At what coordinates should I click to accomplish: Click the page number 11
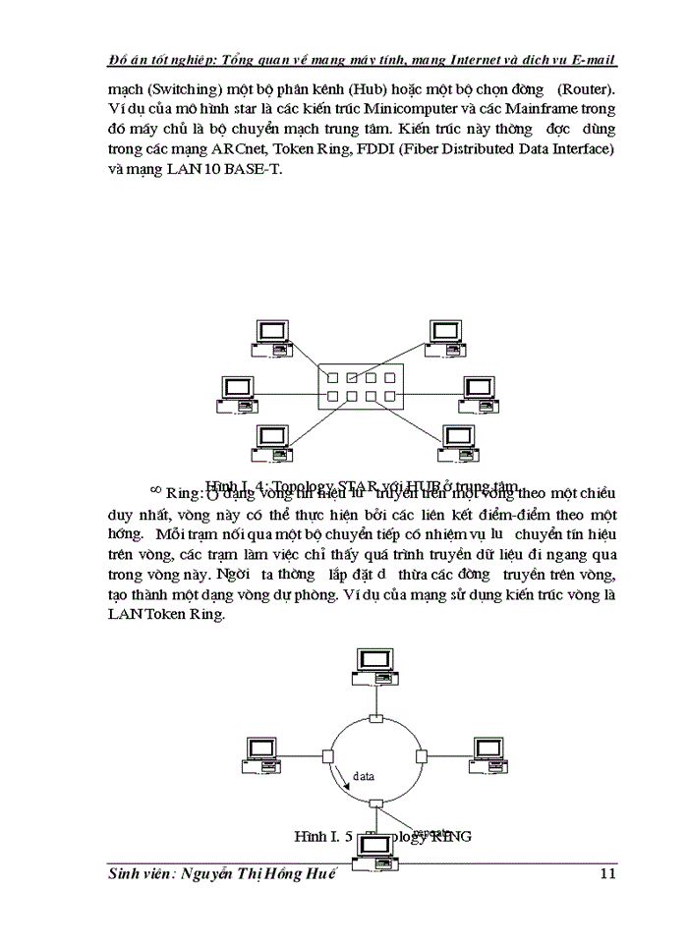tap(606, 874)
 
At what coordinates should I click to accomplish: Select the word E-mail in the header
tap(591, 61)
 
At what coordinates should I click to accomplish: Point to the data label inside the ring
tap(365, 775)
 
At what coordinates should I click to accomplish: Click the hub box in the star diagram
tap(361, 386)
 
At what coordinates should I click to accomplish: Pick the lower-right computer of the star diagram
tap(461, 443)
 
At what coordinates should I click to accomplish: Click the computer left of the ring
tap(263, 751)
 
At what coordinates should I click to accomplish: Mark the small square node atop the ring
tap(374, 719)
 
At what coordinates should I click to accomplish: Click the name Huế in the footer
tap(308, 874)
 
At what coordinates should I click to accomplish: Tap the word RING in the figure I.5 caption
tap(449, 836)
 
